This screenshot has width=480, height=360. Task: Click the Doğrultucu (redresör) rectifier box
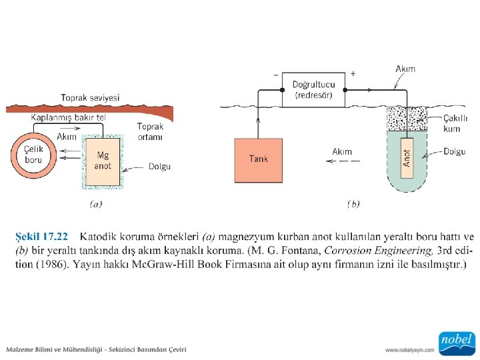tap(319, 89)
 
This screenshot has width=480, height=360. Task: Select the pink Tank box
tap(259, 159)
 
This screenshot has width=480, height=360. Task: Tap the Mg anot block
tap(103, 161)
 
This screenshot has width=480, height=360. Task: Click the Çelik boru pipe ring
tap(33, 154)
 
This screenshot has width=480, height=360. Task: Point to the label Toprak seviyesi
tap(90, 97)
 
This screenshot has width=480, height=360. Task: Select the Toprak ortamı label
tap(150, 131)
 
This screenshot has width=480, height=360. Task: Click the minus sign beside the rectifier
tap(276, 74)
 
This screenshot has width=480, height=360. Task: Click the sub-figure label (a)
tap(96, 204)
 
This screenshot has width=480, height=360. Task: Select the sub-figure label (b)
tap(353, 204)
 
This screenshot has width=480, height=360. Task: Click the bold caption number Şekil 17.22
tap(41, 237)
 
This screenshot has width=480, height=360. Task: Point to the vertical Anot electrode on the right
tap(407, 157)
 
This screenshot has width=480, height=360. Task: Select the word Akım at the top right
tap(406, 69)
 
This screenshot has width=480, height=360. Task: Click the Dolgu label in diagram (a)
tap(159, 167)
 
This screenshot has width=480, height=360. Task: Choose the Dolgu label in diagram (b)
tap(455, 151)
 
